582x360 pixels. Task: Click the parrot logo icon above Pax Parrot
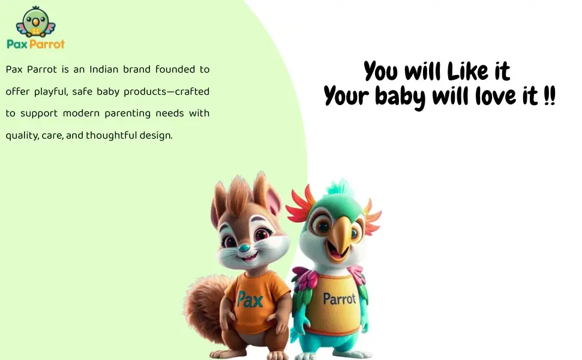(x=35, y=22)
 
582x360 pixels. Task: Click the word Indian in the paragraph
(x=104, y=70)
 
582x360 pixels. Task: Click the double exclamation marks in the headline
(x=550, y=95)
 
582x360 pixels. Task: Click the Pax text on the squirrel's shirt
(x=250, y=299)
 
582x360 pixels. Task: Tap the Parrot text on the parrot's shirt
(x=339, y=299)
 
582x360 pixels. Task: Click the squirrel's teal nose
(x=244, y=248)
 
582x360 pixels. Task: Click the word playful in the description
(x=51, y=92)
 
